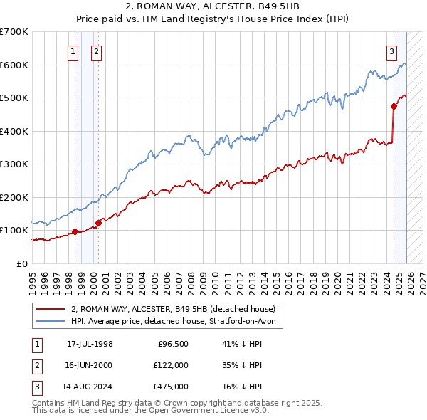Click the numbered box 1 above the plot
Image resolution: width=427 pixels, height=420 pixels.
(74, 51)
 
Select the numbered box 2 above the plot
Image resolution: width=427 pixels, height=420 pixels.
(96, 51)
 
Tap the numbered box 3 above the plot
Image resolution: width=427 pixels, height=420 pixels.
(392, 51)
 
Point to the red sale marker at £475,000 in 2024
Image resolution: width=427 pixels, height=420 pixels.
(394, 107)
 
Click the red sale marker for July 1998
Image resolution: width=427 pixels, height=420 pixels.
(75, 231)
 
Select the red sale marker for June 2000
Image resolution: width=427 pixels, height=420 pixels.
(98, 223)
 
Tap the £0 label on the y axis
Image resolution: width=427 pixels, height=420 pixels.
(21, 263)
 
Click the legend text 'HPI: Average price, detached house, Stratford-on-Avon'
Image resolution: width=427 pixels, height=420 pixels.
(177, 322)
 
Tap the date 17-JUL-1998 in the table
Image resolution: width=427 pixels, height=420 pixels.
(90, 344)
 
